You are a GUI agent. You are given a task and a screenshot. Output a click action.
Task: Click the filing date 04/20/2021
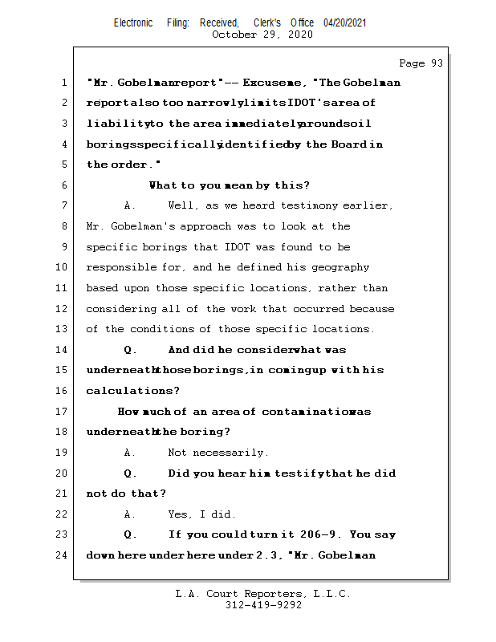point(345,23)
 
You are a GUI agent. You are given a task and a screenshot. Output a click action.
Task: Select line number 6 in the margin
point(64,185)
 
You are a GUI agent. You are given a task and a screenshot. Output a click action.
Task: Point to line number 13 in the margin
point(62,329)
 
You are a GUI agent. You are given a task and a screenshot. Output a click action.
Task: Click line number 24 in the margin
point(62,555)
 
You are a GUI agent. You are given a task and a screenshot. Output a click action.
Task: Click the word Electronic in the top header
point(133,23)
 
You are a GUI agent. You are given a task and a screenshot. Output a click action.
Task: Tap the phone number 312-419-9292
point(263,606)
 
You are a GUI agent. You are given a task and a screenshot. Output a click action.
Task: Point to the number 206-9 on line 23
point(321,534)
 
